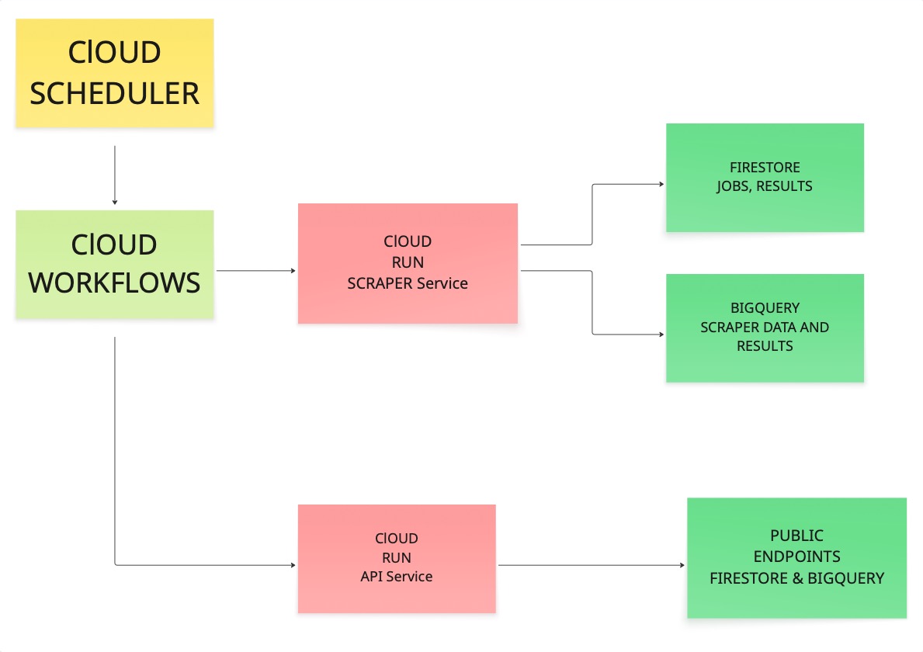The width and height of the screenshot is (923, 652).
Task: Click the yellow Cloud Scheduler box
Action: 114,72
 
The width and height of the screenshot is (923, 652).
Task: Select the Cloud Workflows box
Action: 114,264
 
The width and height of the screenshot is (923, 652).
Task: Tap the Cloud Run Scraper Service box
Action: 408,263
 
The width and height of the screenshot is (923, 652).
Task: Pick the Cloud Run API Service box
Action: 397,558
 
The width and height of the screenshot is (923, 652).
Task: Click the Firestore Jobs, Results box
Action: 765,177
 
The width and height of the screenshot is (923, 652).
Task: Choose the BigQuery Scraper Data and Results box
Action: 765,328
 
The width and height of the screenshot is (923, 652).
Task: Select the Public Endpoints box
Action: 796,557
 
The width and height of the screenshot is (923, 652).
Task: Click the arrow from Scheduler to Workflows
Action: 115,175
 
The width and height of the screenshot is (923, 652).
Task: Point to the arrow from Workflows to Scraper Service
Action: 256,271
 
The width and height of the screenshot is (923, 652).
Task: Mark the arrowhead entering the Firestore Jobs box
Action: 661,185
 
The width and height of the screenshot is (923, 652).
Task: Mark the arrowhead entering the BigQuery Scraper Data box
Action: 661,335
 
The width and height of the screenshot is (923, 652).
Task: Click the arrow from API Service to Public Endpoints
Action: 590,565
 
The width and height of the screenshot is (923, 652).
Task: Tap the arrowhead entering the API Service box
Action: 293,565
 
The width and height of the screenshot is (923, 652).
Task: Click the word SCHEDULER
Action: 114,94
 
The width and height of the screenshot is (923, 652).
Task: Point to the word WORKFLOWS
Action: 114,283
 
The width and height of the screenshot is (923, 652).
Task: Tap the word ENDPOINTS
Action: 796,557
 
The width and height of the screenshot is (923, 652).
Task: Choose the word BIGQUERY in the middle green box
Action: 765,308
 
